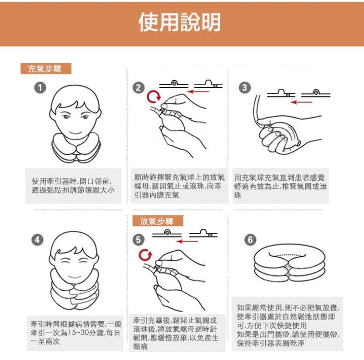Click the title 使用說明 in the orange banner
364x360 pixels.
click(179, 22)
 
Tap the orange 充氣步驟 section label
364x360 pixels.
click(46, 69)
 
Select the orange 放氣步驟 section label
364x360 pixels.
click(158, 221)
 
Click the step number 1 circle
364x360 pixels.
click(40, 88)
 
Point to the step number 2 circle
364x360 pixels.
click(138, 88)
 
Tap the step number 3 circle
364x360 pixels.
click(245, 88)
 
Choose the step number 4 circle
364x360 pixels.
click(37, 240)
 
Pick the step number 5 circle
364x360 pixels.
click(138, 240)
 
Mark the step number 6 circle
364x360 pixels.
click(250, 240)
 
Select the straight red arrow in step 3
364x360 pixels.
click(302, 102)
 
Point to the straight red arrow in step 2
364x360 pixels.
click(199, 91)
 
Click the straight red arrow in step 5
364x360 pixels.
click(187, 242)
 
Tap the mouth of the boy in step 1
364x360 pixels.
click(75, 132)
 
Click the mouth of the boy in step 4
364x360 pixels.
click(75, 277)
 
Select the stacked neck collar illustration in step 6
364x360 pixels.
click(289, 263)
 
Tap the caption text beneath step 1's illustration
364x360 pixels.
click(73, 186)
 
